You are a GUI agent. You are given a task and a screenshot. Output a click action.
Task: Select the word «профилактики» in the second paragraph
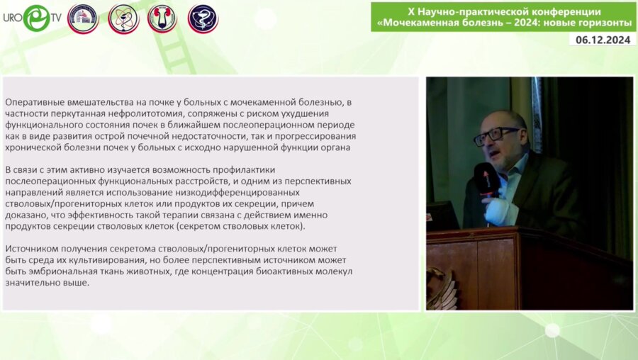(x=240, y=169)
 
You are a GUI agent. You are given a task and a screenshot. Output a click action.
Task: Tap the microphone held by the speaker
(x=486, y=178)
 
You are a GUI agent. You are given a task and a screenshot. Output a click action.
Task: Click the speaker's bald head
(x=500, y=118)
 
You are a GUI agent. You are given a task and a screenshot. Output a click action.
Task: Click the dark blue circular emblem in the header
(x=203, y=18)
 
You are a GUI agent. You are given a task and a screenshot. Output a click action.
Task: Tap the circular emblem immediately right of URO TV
(x=83, y=18)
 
